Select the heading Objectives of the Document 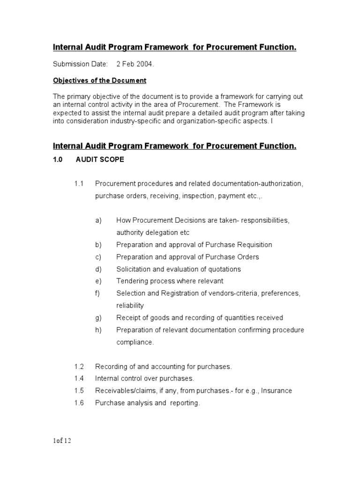coord(99,81)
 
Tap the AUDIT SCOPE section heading coord(100,160)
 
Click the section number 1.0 coord(58,160)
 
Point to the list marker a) coord(98,220)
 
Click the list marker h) coord(98,330)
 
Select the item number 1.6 coord(79,403)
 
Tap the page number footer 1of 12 coord(62,441)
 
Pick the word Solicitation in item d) coord(135,269)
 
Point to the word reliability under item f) coord(130,306)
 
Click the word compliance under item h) coord(135,342)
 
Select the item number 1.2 coord(79,366)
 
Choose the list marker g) coord(98,318)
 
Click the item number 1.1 coord(79,184)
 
